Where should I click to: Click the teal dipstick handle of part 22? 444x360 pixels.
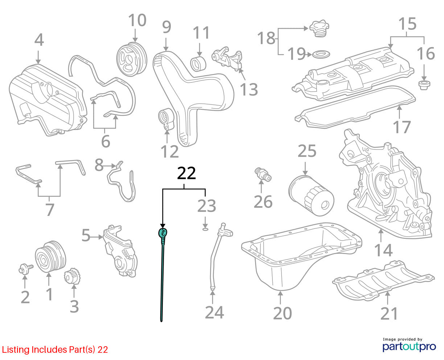click(163, 232)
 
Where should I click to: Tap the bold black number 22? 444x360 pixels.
click(186, 173)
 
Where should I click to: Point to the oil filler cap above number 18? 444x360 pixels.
click(319, 28)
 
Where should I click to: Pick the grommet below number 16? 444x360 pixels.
click(424, 85)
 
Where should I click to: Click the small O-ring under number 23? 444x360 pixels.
click(205, 230)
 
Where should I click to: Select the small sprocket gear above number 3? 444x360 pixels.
click(72, 276)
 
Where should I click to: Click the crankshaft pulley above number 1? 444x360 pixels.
click(50, 257)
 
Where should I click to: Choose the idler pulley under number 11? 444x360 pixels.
click(198, 64)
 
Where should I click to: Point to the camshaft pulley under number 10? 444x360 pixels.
click(132, 60)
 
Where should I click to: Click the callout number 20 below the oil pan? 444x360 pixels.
click(283, 313)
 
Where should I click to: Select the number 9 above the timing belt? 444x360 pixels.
click(166, 27)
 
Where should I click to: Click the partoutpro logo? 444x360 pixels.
click(409, 346)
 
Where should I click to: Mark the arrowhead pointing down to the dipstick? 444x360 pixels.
click(163, 226)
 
